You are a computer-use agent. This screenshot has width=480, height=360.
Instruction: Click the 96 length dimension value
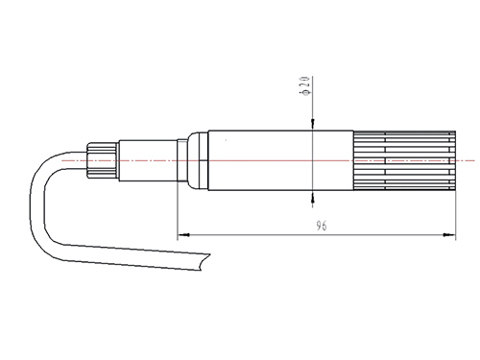[x=322, y=226]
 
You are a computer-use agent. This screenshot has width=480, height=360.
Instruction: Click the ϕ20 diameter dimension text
[x=304, y=85]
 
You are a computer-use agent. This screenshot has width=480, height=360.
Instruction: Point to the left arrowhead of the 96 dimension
[x=183, y=235]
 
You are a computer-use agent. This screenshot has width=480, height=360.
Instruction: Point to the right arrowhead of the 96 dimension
[x=449, y=235]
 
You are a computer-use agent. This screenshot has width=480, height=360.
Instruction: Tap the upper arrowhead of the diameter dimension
[x=313, y=124]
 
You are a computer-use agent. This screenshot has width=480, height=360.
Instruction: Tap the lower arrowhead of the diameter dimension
[x=313, y=197]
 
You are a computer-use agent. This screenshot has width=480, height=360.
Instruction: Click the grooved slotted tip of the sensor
[x=405, y=160]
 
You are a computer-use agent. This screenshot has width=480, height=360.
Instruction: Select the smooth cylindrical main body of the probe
[x=280, y=160]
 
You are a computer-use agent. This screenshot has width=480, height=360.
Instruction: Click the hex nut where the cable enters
[x=102, y=160]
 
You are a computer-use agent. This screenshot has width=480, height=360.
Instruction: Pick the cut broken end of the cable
[x=204, y=262]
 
